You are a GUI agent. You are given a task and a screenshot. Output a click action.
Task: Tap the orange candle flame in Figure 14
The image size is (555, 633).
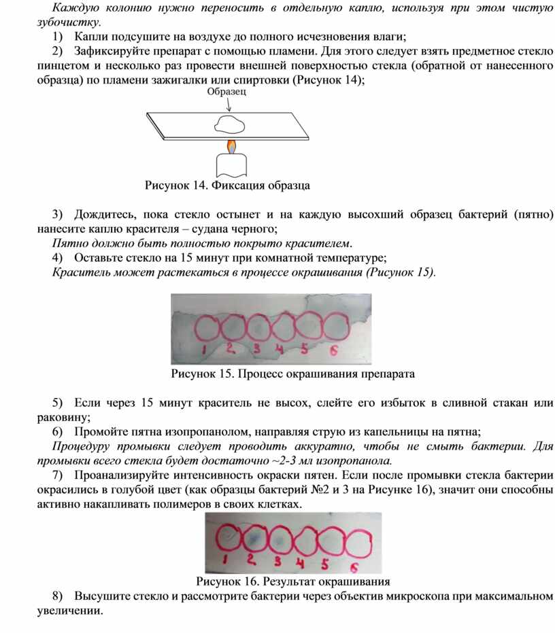(231, 145)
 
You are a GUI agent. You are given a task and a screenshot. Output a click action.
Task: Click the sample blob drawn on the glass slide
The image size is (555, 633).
(229, 124)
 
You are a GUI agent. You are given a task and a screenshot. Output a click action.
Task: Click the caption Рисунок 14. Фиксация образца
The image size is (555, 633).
(227, 185)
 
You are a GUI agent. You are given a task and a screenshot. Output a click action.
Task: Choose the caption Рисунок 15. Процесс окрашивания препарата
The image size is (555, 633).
(292, 374)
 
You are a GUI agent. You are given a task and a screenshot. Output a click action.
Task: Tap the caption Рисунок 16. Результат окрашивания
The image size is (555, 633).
(292, 581)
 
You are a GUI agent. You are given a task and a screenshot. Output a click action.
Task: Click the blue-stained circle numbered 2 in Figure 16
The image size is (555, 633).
(253, 539)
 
